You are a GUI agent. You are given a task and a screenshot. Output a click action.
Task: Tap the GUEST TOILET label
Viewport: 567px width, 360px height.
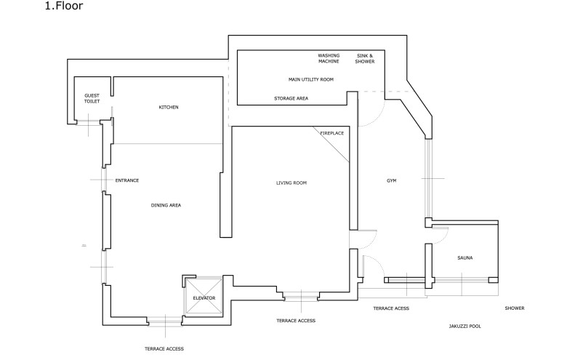92,99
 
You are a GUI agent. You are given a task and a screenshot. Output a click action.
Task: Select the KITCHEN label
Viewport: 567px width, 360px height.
169,108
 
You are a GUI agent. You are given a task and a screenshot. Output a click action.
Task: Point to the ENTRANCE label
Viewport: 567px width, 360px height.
126,180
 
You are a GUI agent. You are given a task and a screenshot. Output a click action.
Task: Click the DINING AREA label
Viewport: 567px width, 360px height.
166,205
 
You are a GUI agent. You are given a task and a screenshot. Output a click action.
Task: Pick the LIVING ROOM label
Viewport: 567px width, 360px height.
291,183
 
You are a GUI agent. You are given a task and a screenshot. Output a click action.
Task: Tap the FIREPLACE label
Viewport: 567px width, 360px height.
331,133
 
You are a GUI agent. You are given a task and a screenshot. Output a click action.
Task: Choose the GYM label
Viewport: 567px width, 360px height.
391,180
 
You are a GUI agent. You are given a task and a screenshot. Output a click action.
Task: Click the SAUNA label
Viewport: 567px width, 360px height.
465,257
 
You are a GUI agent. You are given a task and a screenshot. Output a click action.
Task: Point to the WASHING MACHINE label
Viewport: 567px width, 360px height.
329,58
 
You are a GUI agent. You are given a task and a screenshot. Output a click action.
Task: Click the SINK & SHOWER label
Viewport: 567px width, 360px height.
364,58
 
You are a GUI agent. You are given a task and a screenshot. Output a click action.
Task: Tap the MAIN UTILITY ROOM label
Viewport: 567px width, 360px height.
311,79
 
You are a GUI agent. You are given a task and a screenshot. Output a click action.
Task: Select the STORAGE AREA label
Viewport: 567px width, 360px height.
291,97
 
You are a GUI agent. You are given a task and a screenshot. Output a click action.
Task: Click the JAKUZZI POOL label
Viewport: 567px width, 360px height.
465,327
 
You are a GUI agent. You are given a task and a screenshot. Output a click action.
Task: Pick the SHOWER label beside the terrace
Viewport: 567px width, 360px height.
515,308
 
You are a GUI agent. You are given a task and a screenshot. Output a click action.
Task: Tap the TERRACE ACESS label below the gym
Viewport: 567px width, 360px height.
391,308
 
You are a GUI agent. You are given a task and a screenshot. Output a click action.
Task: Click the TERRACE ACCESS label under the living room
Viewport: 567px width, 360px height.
296,321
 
